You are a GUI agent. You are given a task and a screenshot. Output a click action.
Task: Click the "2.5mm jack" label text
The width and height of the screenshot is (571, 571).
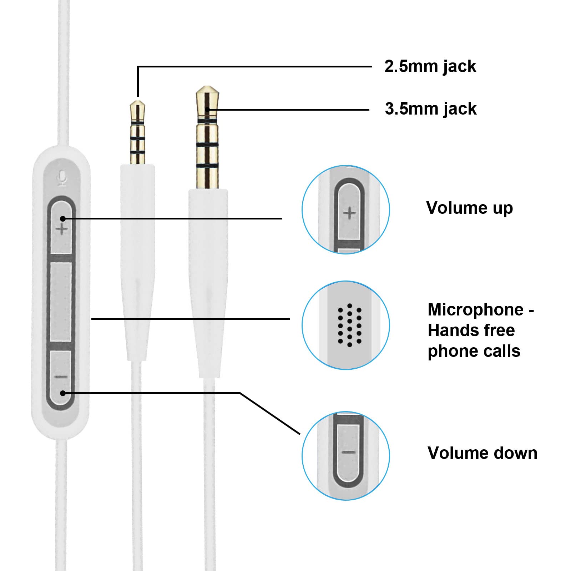[x=430, y=67]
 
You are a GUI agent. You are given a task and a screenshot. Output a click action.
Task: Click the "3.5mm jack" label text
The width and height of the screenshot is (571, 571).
[x=430, y=109]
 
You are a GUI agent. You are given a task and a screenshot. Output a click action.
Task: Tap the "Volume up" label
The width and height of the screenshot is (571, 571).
[x=469, y=208]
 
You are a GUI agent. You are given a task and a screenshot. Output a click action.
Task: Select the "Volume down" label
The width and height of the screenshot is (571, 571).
[x=482, y=453]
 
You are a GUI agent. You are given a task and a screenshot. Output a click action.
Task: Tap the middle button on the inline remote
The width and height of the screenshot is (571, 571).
[x=61, y=302]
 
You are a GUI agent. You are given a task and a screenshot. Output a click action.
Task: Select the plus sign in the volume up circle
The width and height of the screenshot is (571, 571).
[x=349, y=213]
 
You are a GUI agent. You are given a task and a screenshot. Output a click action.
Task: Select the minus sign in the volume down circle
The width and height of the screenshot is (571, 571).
[x=349, y=453]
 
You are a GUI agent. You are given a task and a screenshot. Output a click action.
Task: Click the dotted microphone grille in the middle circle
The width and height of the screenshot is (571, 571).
[x=349, y=325]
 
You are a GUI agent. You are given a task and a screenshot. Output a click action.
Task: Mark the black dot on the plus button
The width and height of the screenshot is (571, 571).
[x=63, y=218]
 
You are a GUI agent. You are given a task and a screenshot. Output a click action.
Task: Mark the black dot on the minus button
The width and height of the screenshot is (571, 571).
[x=63, y=393]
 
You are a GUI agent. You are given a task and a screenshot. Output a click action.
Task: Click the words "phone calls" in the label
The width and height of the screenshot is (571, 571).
[x=474, y=351]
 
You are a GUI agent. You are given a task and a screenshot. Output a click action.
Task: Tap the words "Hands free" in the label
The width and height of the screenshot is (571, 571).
[x=471, y=330]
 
